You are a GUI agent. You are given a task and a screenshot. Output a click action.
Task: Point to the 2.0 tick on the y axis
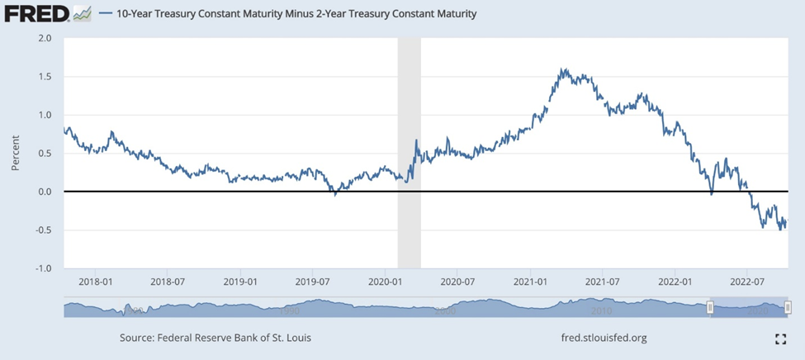[45, 38]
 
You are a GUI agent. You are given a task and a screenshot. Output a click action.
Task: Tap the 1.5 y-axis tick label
[45, 77]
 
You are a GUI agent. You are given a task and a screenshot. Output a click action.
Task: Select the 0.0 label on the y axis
[45, 192]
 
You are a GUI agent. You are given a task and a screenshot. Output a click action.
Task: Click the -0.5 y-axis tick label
[43, 230]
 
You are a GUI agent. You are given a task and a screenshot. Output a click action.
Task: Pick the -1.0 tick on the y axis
[43, 268]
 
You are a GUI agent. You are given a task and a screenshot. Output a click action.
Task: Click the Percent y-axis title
[15, 152]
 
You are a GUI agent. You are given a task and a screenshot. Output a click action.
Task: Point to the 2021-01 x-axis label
[530, 282]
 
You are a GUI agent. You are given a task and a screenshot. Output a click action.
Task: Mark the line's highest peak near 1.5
[562, 69]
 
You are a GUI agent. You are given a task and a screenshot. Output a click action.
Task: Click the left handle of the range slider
[709, 308]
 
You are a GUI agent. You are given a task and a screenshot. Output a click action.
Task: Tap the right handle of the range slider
[788, 308]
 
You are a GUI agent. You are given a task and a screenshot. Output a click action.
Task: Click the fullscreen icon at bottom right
[780, 339]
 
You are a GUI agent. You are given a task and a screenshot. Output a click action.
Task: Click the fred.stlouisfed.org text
[603, 338]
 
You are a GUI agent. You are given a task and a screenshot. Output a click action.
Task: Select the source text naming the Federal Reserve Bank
[215, 338]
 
